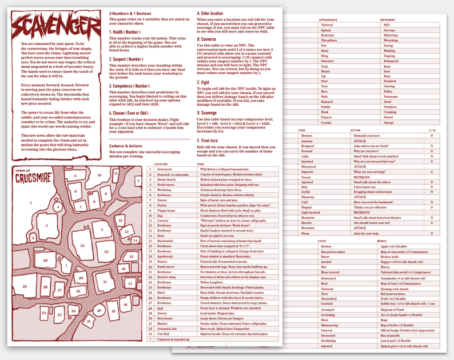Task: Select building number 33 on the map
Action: [83, 246]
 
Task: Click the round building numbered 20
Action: [98, 311]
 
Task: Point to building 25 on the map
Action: [25, 286]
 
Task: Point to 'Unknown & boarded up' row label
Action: [173, 339]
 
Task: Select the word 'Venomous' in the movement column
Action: [392, 97]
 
